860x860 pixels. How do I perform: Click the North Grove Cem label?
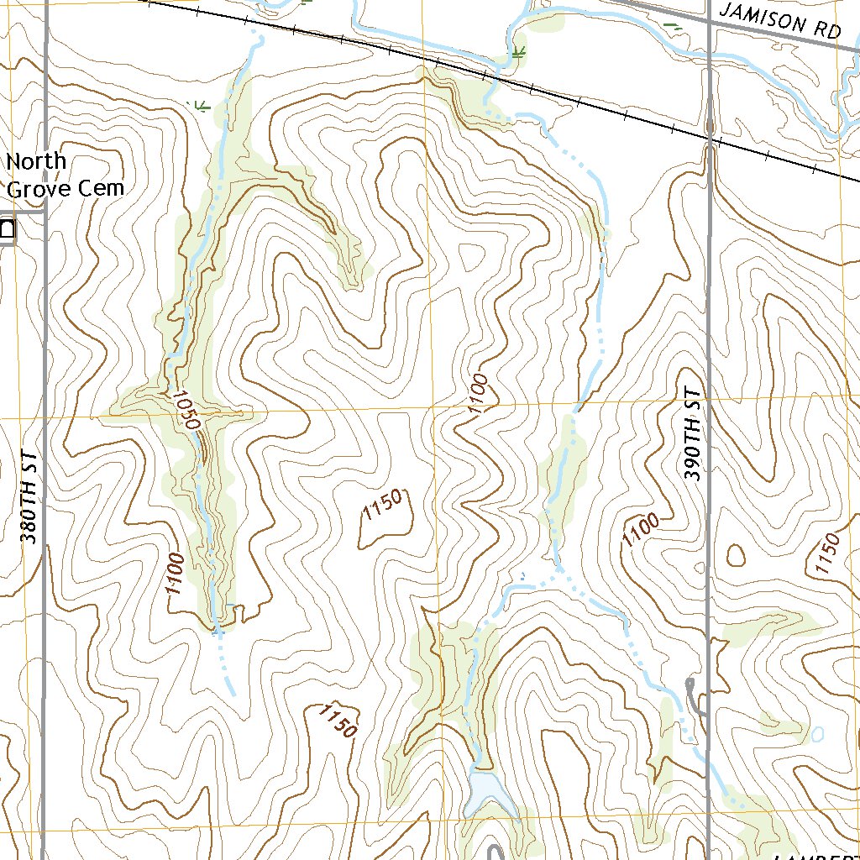(65, 175)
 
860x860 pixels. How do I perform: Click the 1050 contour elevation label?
(186, 409)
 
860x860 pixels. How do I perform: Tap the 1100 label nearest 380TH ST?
(175, 574)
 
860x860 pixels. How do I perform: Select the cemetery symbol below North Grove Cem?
(7, 230)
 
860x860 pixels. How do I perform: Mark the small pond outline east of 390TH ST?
(817, 735)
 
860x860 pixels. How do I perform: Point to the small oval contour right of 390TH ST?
(737, 555)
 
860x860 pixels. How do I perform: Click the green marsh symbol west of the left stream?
(200, 105)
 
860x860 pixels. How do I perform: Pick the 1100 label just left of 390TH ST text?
(640, 532)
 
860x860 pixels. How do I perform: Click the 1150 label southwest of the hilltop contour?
(338, 721)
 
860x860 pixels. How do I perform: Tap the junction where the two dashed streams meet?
(557, 572)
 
